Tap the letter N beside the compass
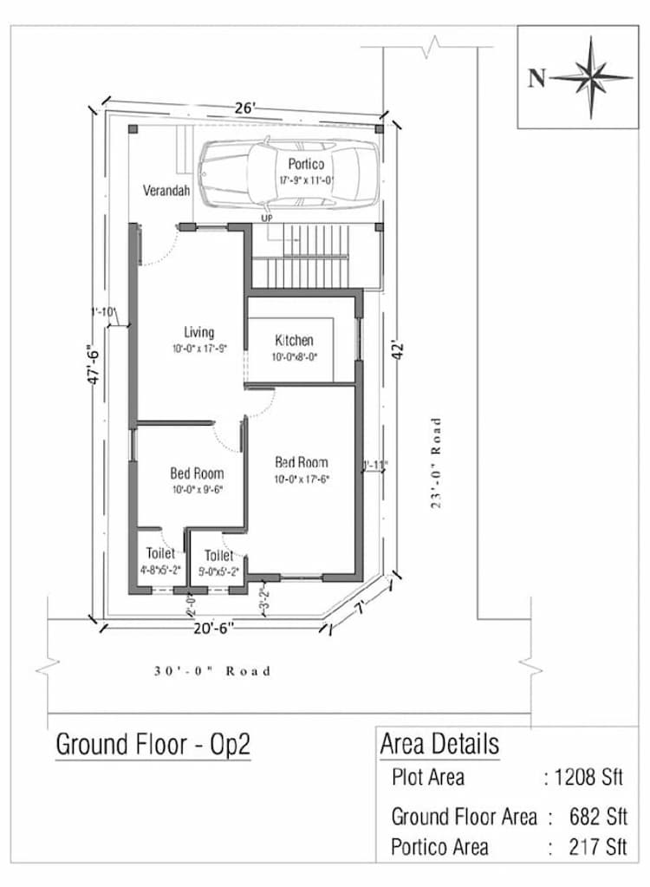click(537, 79)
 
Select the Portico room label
click(306, 164)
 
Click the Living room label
click(198, 332)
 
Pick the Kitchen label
click(294, 341)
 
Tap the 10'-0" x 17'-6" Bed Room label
click(302, 462)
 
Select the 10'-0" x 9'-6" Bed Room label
click(197, 473)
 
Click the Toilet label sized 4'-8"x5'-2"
click(160, 553)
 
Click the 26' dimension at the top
click(244, 108)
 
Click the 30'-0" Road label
click(212, 671)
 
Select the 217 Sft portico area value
click(598, 845)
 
